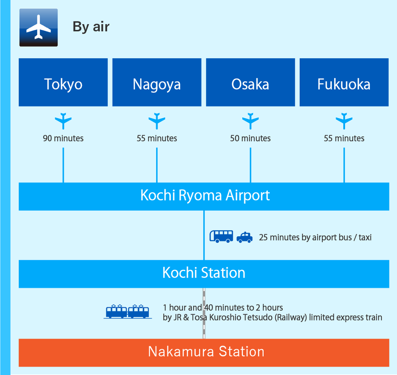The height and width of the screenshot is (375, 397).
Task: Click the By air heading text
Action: point(91,27)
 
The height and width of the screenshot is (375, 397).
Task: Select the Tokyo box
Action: point(63,83)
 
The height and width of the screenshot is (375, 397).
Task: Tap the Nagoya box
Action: point(157,83)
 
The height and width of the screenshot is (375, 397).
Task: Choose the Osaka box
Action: point(250,83)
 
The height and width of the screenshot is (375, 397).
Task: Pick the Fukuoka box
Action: point(344,83)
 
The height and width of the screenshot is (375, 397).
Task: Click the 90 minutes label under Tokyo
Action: point(63,138)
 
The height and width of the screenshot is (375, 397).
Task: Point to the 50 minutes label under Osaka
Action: point(250,138)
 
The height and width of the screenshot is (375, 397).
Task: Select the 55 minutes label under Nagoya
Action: point(157,138)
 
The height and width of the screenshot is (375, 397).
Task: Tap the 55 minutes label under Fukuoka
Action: point(344,138)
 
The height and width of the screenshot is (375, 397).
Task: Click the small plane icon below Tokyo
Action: point(63,121)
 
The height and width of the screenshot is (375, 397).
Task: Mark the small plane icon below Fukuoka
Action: point(344,121)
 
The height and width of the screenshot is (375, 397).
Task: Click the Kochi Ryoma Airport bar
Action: point(204,197)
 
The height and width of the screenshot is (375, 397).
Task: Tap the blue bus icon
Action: point(221,236)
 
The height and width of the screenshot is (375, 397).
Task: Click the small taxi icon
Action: point(245,237)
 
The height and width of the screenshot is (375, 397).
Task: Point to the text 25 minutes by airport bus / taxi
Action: point(315,237)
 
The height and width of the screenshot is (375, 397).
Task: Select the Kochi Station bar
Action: point(204,274)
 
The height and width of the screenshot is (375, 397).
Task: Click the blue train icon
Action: point(128,311)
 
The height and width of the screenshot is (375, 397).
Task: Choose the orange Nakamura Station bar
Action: point(204,353)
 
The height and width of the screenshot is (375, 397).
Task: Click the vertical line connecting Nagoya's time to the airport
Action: point(157,165)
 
